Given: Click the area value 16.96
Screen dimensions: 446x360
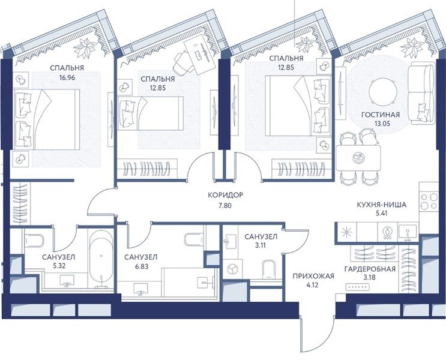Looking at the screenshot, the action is [67, 77].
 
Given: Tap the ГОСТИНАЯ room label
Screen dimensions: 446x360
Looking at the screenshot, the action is [381, 115].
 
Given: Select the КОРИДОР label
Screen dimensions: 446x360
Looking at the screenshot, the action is [225, 195].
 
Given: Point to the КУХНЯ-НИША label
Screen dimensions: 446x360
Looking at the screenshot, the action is [381, 205].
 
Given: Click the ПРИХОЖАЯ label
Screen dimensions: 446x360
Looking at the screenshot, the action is [313, 276].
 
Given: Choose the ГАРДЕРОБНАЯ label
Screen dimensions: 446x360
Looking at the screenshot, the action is [370, 269].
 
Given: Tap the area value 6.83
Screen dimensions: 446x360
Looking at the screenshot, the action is [142, 266].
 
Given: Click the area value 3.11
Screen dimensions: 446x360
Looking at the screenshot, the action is [261, 245].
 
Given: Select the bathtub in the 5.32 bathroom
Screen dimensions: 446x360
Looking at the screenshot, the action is [101, 259].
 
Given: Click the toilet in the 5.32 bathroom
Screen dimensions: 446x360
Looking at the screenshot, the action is [34, 240].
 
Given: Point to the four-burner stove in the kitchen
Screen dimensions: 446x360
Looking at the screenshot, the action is [429, 201].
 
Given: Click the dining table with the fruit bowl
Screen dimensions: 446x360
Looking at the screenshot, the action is [358, 158].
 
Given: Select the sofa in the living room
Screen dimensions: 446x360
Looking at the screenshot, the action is [421, 93].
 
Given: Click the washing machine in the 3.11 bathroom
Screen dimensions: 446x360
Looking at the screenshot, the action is [233, 269].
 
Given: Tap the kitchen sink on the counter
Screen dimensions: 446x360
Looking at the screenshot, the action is [408, 232].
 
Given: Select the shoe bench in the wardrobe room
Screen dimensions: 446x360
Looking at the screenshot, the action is [358, 287].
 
